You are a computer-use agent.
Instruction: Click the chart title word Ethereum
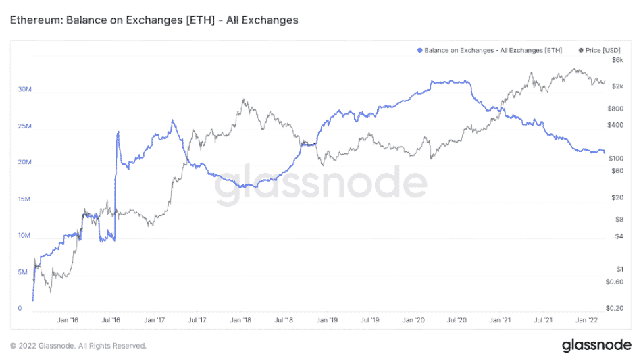pos(34,20)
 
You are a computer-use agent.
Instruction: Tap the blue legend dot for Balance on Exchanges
pos(420,51)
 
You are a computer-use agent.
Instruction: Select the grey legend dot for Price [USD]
pos(582,51)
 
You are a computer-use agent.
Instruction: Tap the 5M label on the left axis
pos(22,272)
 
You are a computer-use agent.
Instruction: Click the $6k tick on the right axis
pos(617,60)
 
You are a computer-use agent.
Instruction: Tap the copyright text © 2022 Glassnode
pos(78,346)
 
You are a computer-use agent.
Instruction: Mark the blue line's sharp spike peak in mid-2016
pos(118,132)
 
